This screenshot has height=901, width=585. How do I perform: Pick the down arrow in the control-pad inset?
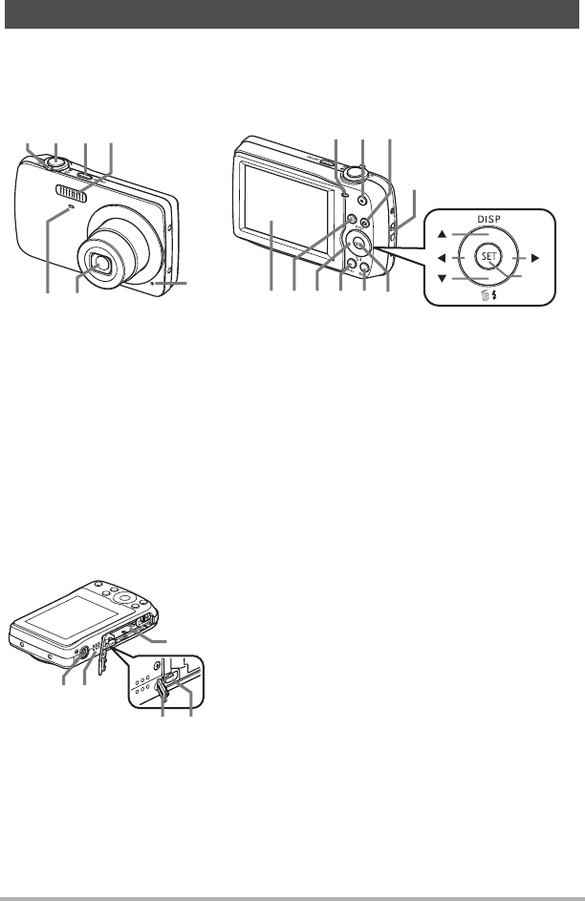[x=442, y=280]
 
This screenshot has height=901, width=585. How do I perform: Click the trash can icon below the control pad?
[x=484, y=298]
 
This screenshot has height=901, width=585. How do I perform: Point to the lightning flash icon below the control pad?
[x=495, y=298]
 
